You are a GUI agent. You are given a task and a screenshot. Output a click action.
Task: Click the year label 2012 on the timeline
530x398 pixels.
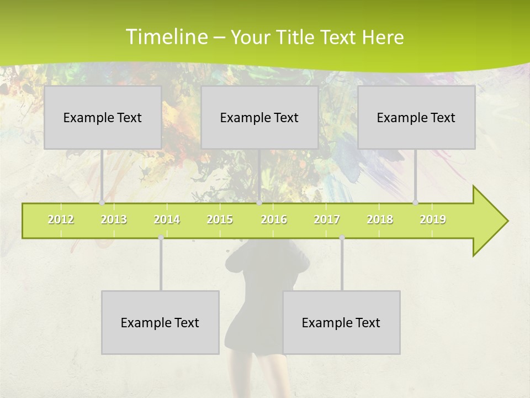pyautogui.click(x=61, y=219)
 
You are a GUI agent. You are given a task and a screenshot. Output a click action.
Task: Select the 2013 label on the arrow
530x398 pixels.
pyautogui.click(x=114, y=219)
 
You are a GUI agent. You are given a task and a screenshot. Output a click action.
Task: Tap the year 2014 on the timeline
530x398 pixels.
pyautogui.click(x=167, y=219)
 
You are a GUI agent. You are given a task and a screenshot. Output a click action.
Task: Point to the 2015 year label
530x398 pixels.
pyautogui.click(x=220, y=219)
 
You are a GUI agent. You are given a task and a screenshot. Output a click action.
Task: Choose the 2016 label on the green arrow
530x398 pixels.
pyautogui.click(x=274, y=219)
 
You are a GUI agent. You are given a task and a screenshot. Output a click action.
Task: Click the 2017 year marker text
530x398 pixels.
pyautogui.click(x=327, y=219)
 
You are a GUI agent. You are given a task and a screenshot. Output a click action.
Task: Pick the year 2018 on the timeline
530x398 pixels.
pyautogui.click(x=380, y=219)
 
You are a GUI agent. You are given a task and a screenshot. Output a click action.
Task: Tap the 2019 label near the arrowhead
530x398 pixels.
pyautogui.click(x=433, y=219)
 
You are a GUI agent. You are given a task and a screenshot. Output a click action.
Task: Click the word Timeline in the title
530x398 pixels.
pyautogui.click(x=165, y=37)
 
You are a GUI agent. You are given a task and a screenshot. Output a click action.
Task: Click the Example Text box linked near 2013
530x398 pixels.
pyautogui.click(x=103, y=117)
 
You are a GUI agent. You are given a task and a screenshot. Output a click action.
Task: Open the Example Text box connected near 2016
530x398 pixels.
pyautogui.click(x=259, y=117)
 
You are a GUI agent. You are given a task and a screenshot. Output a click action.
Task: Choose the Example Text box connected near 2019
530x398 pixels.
pyautogui.click(x=416, y=117)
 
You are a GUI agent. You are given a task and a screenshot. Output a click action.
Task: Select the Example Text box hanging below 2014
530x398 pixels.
pyautogui.click(x=160, y=322)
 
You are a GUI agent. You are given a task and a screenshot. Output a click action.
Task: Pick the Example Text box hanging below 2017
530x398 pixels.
pyautogui.click(x=341, y=322)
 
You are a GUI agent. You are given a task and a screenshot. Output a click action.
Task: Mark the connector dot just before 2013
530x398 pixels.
pyautogui.click(x=102, y=203)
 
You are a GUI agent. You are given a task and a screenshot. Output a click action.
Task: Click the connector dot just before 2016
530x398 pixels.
pyautogui.click(x=259, y=203)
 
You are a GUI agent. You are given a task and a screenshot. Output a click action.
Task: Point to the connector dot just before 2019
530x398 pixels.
pyautogui.click(x=416, y=203)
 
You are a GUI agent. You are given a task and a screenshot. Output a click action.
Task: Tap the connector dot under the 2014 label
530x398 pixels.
pyautogui.click(x=161, y=238)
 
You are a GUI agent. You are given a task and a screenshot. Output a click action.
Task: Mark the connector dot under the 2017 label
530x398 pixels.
pyautogui.click(x=342, y=238)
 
